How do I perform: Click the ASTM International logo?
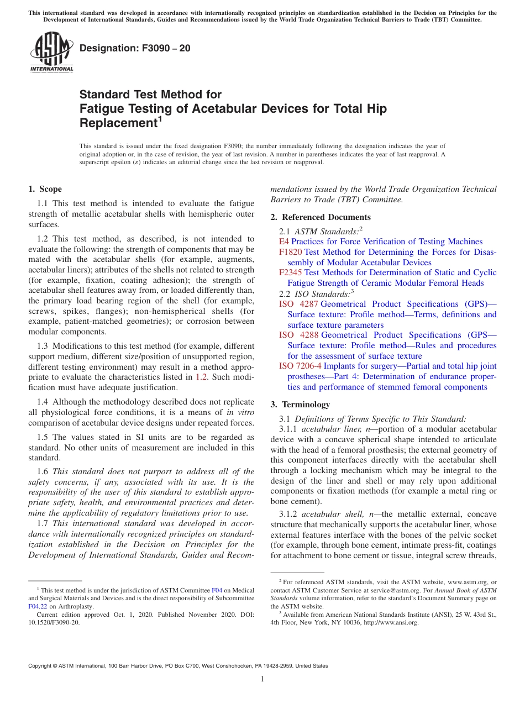pos(51,53)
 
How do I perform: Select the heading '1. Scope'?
pos(45,190)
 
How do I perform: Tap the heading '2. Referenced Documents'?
pos(321,217)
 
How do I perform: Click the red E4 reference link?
pos(284,242)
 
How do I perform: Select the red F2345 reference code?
pos(291,272)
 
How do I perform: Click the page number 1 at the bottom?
pos(262,679)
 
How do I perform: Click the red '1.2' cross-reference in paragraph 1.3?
pos(202,377)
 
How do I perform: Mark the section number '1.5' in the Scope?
pos(43,437)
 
